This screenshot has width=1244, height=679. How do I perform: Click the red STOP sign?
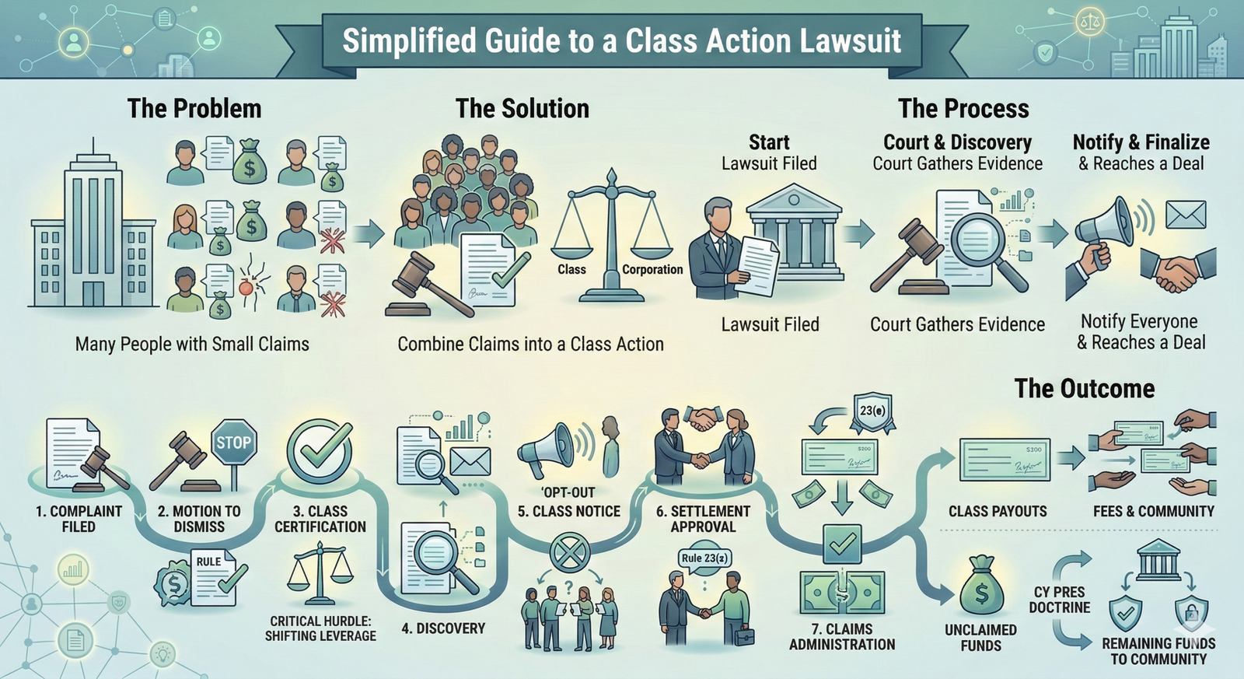pyautogui.click(x=233, y=443)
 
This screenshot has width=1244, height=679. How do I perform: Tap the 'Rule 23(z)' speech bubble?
pyautogui.click(x=705, y=558)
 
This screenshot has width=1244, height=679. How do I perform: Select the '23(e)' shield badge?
pyautogui.click(x=872, y=410)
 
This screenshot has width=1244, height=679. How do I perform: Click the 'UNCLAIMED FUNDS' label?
pyautogui.click(x=980, y=637)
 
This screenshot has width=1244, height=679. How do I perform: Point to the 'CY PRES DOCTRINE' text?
pyautogui.click(x=1060, y=600)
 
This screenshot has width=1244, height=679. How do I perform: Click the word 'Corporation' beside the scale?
pyautogui.click(x=652, y=269)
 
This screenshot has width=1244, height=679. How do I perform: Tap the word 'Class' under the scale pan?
pyautogui.click(x=571, y=269)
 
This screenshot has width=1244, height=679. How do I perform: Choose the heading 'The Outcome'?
pyautogui.click(x=1085, y=388)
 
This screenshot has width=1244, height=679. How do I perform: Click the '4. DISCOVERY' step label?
pyautogui.click(x=443, y=628)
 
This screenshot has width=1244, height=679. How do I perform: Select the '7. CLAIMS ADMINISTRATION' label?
pyautogui.click(x=842, y=636)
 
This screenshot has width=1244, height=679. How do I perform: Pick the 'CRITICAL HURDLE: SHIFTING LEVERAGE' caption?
pyautogui.click(x=320, y=628)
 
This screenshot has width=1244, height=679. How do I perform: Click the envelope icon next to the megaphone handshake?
pyautogui.click(x=1186, y=215)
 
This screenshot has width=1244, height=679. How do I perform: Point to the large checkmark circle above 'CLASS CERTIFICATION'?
pyautogui.click(x=319, y=451)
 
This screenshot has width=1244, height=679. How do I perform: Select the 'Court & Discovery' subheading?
pyautogui.click(x=957, y=142)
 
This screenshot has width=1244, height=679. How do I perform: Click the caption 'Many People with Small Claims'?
pyautogui.click(x=192, y=344)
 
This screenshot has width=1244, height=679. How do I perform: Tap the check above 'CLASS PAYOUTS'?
pyautogui.click(x=1005, y=460)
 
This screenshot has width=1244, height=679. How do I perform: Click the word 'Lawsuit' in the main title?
pyautogui.click(x=851, y=40)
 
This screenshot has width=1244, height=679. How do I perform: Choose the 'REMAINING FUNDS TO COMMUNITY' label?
pyautogui.click(x=1158, y=651)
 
